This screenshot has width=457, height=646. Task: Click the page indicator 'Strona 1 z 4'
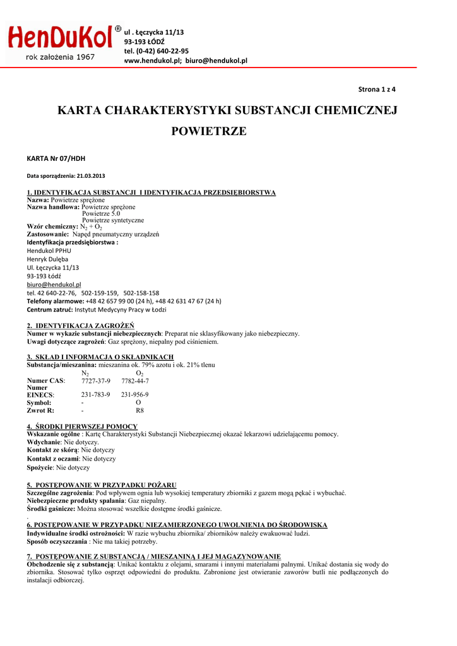377,89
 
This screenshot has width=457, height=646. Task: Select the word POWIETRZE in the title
209,131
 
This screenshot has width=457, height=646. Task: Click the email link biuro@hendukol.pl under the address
54,285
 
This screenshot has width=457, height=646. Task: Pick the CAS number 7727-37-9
96,381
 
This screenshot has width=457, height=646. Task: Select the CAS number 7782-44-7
135,381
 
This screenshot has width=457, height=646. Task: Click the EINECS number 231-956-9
135,394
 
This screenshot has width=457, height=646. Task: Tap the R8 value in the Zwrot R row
140,410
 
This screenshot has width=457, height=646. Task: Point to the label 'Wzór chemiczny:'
52,226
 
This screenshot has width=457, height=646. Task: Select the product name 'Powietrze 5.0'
101,213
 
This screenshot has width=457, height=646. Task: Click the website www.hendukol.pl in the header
153,61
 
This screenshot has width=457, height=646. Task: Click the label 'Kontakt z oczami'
52,459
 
